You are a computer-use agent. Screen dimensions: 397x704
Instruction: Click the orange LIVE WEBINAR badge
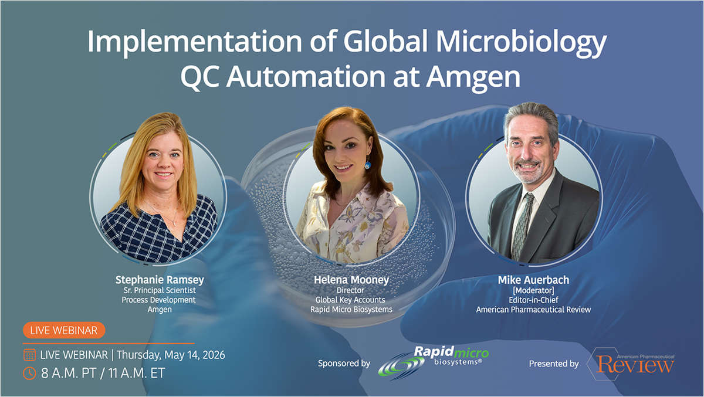(63, 330)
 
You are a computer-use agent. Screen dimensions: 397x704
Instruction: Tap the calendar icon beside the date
(29, 355)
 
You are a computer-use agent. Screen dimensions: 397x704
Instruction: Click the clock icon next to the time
(29, 372)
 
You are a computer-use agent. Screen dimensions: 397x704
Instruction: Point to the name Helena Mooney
(352, 280)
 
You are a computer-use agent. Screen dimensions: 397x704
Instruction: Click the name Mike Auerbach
(533, 280)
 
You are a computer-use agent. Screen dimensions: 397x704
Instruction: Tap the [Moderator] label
(533, 290)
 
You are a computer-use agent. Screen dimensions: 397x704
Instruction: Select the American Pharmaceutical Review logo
(634, 364)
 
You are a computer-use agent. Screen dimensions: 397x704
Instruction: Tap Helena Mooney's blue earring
(368, 165)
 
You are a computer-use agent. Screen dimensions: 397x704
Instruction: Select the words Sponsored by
(344, 364)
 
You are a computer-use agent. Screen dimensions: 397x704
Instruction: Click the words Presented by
(554, 364)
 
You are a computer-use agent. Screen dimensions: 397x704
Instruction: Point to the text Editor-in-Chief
(533, 300)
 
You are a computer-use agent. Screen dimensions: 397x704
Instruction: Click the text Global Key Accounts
(352, 300)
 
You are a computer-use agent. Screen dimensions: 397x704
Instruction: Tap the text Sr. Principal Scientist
(160, 290)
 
